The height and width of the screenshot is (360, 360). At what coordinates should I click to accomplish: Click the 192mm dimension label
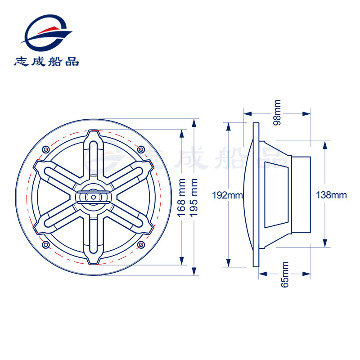tap(228, 195)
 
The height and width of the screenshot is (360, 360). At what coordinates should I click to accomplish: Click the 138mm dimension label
tap(332, 195)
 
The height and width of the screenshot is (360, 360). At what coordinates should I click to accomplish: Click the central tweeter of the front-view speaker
tap(94, 197)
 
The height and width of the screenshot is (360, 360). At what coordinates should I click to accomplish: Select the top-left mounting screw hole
tap(45, 149)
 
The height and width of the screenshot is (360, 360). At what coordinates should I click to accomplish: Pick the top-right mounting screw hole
tap(141, 149)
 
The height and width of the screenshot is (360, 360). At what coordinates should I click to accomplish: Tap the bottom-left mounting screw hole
tap(45, 245)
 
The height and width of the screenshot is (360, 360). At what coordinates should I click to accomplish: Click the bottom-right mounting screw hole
tap(141, 245)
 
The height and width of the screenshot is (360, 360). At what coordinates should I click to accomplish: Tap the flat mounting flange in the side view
tap(256, 195)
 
